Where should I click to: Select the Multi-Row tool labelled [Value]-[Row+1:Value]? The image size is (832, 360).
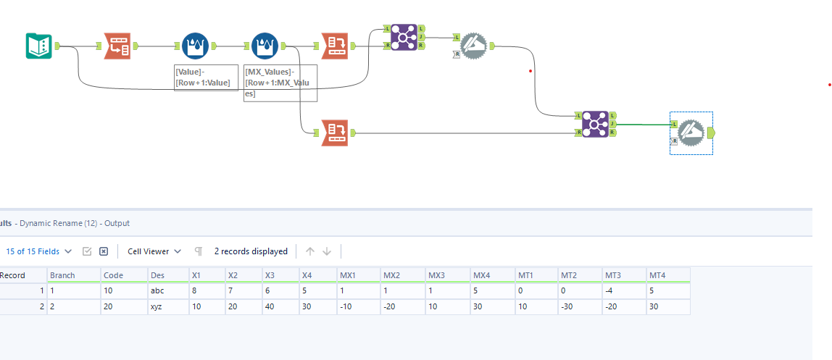click(194, 46)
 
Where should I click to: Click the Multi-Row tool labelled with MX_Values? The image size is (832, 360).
click(265, 46)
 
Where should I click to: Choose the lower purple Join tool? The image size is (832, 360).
click(595, 124)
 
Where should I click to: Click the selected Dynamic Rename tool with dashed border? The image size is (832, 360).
click(691, 133)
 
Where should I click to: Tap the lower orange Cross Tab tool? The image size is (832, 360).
click(334, 133)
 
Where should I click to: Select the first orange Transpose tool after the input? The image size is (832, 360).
click(117, 46)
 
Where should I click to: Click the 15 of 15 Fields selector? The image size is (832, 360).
click(39, 251)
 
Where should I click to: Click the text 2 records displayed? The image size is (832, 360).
click(251, 251)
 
